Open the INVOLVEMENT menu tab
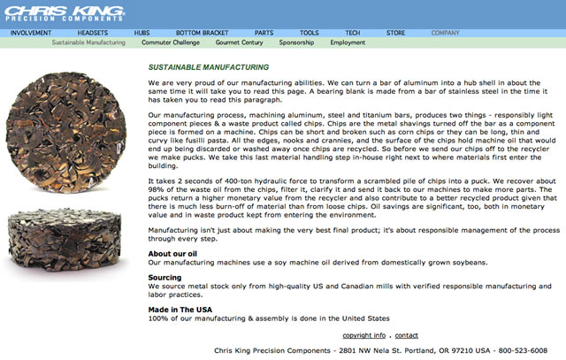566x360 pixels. click(x=31, y=32)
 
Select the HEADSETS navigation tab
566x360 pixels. click(x=93, y=32)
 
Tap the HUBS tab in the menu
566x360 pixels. click(x=142, y=32)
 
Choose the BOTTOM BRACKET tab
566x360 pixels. click(x=203, y=32)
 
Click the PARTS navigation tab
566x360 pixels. click(x=264, y=32)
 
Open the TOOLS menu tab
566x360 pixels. click(x=310, y=32)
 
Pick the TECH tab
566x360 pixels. click(x=352, y=32)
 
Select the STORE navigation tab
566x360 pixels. click(x=395, y=32)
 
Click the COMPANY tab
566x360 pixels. click(x=445, y=32)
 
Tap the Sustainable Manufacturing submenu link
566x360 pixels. click(x=88, y=42)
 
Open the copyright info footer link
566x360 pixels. click(x=363, y=335)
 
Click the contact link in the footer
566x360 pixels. click(x=407, y=335)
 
